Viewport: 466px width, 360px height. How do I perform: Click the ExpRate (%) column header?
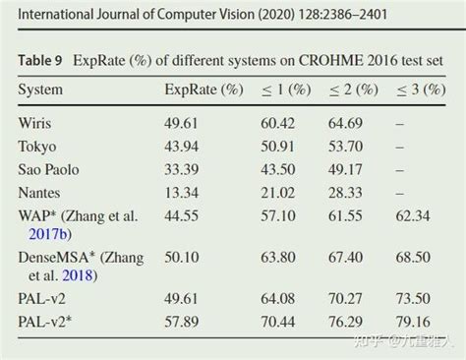(203, 90)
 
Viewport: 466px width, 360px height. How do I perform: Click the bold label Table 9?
(40, 60)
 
